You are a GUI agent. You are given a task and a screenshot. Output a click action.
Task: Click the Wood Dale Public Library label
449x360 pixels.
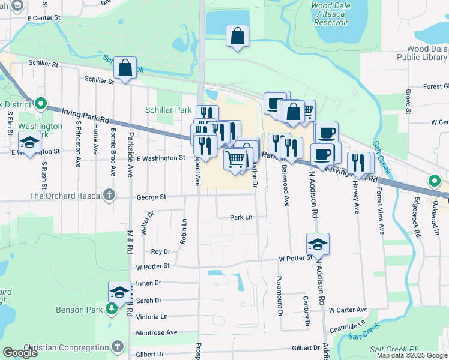tap(421, 53)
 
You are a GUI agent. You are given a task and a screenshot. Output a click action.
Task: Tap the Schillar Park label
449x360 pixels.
tap(168, 110)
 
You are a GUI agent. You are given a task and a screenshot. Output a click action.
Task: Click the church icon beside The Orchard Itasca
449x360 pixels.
tap(109, 195)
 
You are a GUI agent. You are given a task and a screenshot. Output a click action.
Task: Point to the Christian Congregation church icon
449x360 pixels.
tap(118, 347)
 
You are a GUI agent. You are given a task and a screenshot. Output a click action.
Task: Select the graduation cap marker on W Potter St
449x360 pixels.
tap(318, 244)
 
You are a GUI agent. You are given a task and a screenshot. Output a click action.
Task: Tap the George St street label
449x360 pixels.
tap(151, 197)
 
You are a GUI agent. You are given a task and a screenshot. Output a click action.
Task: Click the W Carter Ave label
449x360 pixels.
tap(348, 310)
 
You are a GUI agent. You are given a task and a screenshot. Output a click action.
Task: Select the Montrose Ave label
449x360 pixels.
tap(157, 332)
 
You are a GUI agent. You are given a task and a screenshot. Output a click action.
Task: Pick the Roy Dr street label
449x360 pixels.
tap(161, 252)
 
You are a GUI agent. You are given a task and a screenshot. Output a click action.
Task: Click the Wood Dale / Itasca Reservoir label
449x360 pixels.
tap(330, 14)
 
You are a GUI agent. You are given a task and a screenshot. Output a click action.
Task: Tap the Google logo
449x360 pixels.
tap(20, 353)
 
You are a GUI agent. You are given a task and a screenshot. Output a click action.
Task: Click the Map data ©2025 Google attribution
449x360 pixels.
tap(411, 355)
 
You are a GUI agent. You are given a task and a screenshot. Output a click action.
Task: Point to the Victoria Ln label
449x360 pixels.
tap(152, 316)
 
